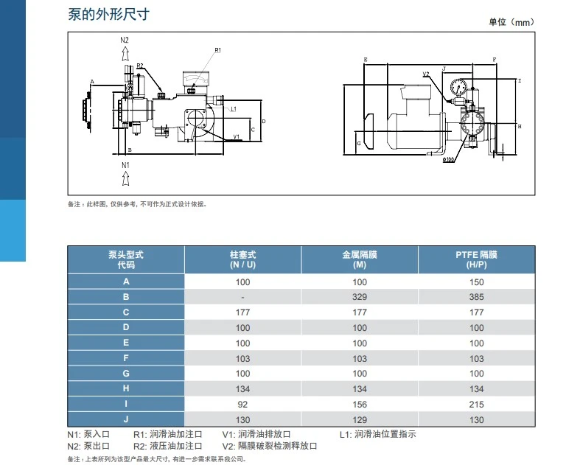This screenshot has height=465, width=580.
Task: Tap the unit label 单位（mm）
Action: [x=511, y=22]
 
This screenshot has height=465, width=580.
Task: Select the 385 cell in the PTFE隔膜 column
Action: [x=476, y=296]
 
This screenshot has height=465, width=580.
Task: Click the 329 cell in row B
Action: [x=360, y=296]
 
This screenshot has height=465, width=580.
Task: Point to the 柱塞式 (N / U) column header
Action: [x=242, y=259]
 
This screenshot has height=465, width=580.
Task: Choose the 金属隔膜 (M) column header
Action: [x=360, y=259]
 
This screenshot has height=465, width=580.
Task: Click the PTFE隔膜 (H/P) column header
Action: [x=476, y=259]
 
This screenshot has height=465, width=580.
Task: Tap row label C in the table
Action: [x=126, y=312]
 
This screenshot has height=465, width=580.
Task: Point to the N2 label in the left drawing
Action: [x=125, y=39]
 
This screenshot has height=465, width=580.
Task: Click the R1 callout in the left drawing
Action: [x=218, y=50]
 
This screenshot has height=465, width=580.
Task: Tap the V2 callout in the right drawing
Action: [x=426, y=74]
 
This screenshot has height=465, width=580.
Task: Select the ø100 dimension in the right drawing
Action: [x=448, y=158]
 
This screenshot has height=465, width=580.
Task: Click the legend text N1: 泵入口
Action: [x=88, y=435]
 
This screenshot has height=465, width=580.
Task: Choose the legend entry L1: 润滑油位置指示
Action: [x=377, y=435]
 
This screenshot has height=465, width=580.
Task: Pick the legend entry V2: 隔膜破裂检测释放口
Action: [x=269, y=447]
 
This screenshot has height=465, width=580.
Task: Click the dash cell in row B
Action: [x=242, y=296]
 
